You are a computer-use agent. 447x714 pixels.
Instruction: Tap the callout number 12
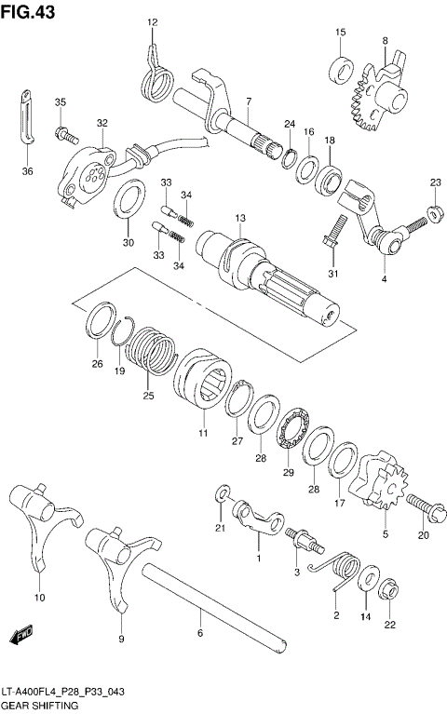pos(153,22)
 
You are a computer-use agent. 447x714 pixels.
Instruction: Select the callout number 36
pos(27,170)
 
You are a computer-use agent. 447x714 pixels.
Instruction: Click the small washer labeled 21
pos(223,492)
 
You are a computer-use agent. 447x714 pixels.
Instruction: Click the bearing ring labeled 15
pos(341,68)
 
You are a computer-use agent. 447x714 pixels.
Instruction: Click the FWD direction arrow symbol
pos(19,636)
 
